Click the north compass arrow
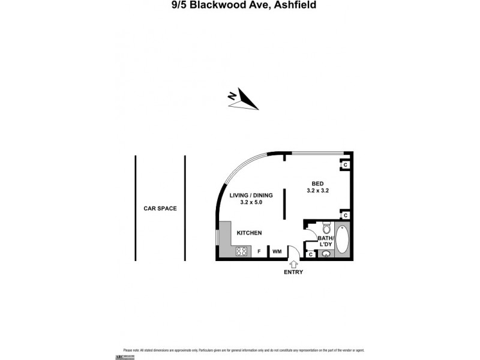243,100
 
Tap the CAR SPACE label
160,209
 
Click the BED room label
317,184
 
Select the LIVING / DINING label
251,195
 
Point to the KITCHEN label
249,233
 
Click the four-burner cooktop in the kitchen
242,252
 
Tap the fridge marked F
259,252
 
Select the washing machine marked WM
277,252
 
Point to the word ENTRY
294,272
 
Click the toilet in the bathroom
326,228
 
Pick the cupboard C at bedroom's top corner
346,164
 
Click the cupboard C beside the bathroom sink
310,254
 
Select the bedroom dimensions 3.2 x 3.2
317,191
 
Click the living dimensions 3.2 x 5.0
251,202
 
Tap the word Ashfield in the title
295,6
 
